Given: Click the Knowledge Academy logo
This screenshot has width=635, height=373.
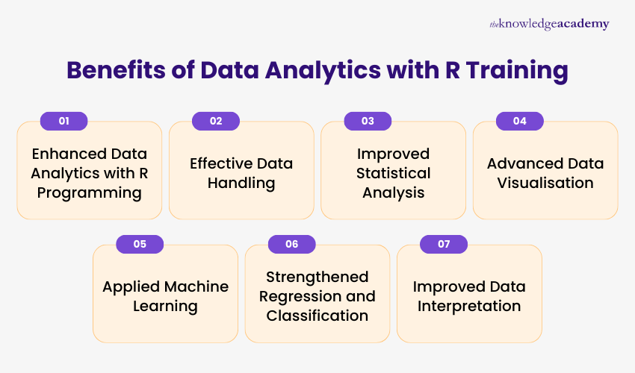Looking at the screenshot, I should click(x=549, y=24).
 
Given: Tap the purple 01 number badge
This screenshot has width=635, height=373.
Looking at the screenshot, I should click(x=63, y=121).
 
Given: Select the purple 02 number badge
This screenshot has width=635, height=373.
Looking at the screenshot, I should click(x=216, y=121).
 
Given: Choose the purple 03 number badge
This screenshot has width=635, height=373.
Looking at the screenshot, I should click(x=368, y=121).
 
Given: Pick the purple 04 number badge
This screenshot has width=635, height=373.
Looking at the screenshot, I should click(x=520, y=121).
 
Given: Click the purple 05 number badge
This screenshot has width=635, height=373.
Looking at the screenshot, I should click(x=140, y=244).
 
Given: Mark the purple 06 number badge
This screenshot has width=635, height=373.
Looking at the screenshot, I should click(x=291, y=244).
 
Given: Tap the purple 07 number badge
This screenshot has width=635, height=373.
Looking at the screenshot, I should click(x=444, y=244).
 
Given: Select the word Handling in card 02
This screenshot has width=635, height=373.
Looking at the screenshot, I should click(x=241, y=183).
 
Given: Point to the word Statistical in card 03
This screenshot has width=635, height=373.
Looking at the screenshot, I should click(x=394, y=173).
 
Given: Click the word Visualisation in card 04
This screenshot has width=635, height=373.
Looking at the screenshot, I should click(x=545, y=183).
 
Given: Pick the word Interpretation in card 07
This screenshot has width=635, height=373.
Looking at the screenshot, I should click(x=469, y=306).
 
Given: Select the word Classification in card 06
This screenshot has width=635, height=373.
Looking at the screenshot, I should click(x=317, y=316).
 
